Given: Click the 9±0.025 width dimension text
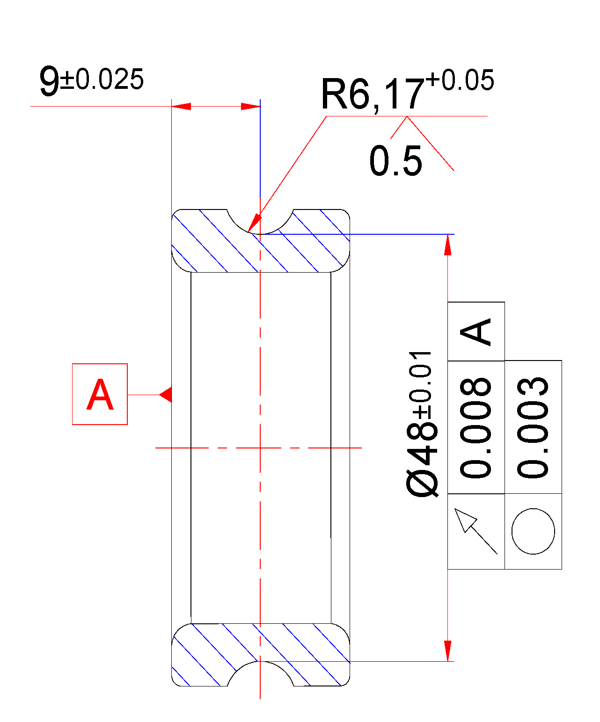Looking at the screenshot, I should [x=91, y=81].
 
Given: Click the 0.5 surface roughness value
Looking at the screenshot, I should [x=395, y=161].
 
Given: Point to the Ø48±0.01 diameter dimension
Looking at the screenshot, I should [x=423, y=423].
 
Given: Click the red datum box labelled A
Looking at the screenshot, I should [x=100, y=394].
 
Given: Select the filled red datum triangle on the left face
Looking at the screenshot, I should [x=166, y=394].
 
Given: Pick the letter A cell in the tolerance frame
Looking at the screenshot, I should [x=476, y=331].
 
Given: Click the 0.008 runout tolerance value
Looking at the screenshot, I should [x=476, y=427].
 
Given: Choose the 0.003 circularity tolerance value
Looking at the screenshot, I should [x=533, y=427].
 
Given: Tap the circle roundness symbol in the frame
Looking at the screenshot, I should [x=533, y=531].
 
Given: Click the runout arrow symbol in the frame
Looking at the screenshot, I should [x=475, y=531].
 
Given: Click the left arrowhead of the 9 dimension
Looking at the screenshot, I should [x=181, y=107].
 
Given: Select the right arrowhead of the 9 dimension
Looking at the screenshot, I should [x=250, y=107].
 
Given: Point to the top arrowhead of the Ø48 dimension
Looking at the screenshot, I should [x=448, y=244].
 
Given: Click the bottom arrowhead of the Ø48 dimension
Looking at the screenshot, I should [x=448, y=651].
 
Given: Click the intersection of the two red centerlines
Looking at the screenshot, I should [x=260, y=448].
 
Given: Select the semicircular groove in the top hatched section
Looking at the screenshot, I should [x=260, y=221].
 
